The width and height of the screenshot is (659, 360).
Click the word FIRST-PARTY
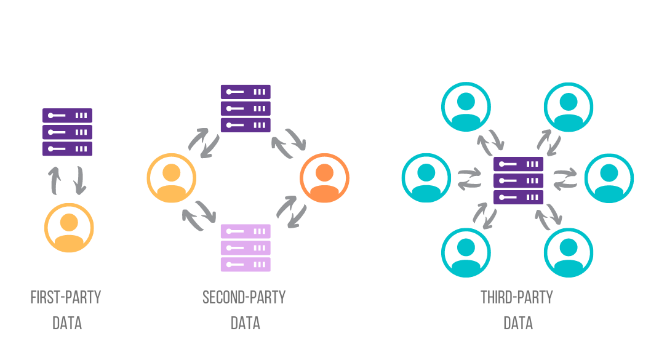(66, 298)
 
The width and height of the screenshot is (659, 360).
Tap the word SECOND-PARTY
(244, 298)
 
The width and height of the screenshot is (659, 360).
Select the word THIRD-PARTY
(517, 298)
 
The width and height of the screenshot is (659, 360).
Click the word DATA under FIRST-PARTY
(67, 323)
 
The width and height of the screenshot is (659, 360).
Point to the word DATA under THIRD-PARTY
(518, 323)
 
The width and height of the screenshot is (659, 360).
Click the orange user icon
(324, 178)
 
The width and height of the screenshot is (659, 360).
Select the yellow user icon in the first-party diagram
(70, 228)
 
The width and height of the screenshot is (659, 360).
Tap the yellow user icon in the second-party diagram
(172, 178)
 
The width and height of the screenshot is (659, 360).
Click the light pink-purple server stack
(246, 248)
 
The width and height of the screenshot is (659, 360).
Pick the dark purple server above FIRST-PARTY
(67, 132)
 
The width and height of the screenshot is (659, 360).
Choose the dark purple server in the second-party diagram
(246, 108)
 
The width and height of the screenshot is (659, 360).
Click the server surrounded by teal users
(519, 181)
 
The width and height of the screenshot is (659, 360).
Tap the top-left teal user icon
(466, 106)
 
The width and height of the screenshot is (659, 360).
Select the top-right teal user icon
(569, 106)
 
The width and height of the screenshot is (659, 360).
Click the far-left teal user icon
(426, 178)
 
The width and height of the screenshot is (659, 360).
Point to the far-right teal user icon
(609, 178)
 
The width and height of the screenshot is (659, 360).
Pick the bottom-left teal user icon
(466, 252)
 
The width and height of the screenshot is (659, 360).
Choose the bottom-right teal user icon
(569, 252)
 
